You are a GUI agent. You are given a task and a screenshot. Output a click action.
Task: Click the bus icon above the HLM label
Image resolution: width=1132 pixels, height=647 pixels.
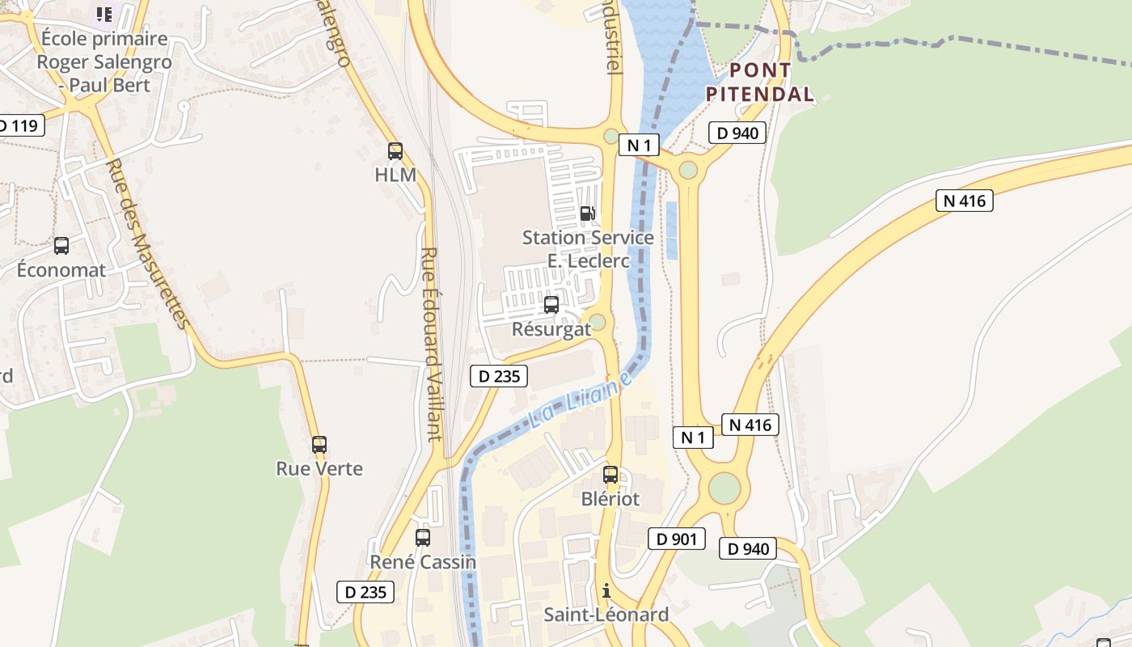pos(395,150)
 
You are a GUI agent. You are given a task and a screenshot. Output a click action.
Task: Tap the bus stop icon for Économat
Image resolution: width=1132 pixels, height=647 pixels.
pos(61,246)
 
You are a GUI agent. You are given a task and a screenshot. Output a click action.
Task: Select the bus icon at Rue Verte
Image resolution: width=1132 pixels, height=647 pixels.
pos(319,444)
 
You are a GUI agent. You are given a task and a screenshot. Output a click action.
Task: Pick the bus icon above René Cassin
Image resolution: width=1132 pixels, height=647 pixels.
pos(422,537)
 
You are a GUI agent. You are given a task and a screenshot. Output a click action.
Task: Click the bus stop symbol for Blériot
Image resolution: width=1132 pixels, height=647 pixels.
pos(610,475)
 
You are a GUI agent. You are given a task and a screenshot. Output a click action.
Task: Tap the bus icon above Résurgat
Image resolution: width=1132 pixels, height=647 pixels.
pos(551,305)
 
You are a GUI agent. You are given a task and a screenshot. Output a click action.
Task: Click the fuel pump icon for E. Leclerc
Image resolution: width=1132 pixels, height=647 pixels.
pos(588,214)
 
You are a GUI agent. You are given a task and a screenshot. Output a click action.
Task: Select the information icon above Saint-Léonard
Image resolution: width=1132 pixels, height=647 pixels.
pos(606,590)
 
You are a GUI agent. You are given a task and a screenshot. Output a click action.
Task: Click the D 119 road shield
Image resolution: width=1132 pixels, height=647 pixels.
pos(18,125)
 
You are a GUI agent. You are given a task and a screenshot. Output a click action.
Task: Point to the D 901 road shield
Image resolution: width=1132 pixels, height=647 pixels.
pos(677,539)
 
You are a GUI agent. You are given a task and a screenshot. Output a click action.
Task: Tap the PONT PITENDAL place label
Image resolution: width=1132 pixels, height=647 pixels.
pos(759,82)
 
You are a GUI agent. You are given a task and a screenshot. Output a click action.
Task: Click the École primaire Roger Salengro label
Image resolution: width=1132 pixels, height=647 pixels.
pos(104,61)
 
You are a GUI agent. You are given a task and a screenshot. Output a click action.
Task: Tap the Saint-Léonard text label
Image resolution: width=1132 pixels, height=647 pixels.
pos(606,615)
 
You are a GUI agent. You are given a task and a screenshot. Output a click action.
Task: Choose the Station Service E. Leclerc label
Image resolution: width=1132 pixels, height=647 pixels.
pos(588,249)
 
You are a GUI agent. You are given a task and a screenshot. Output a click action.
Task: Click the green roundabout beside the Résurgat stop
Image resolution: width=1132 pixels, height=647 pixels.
pos(598,323)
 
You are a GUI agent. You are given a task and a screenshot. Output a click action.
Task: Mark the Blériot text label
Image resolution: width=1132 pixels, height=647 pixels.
pos(610,499)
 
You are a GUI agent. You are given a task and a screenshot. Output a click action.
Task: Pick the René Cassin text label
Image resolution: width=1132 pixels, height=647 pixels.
pos(423,561)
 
